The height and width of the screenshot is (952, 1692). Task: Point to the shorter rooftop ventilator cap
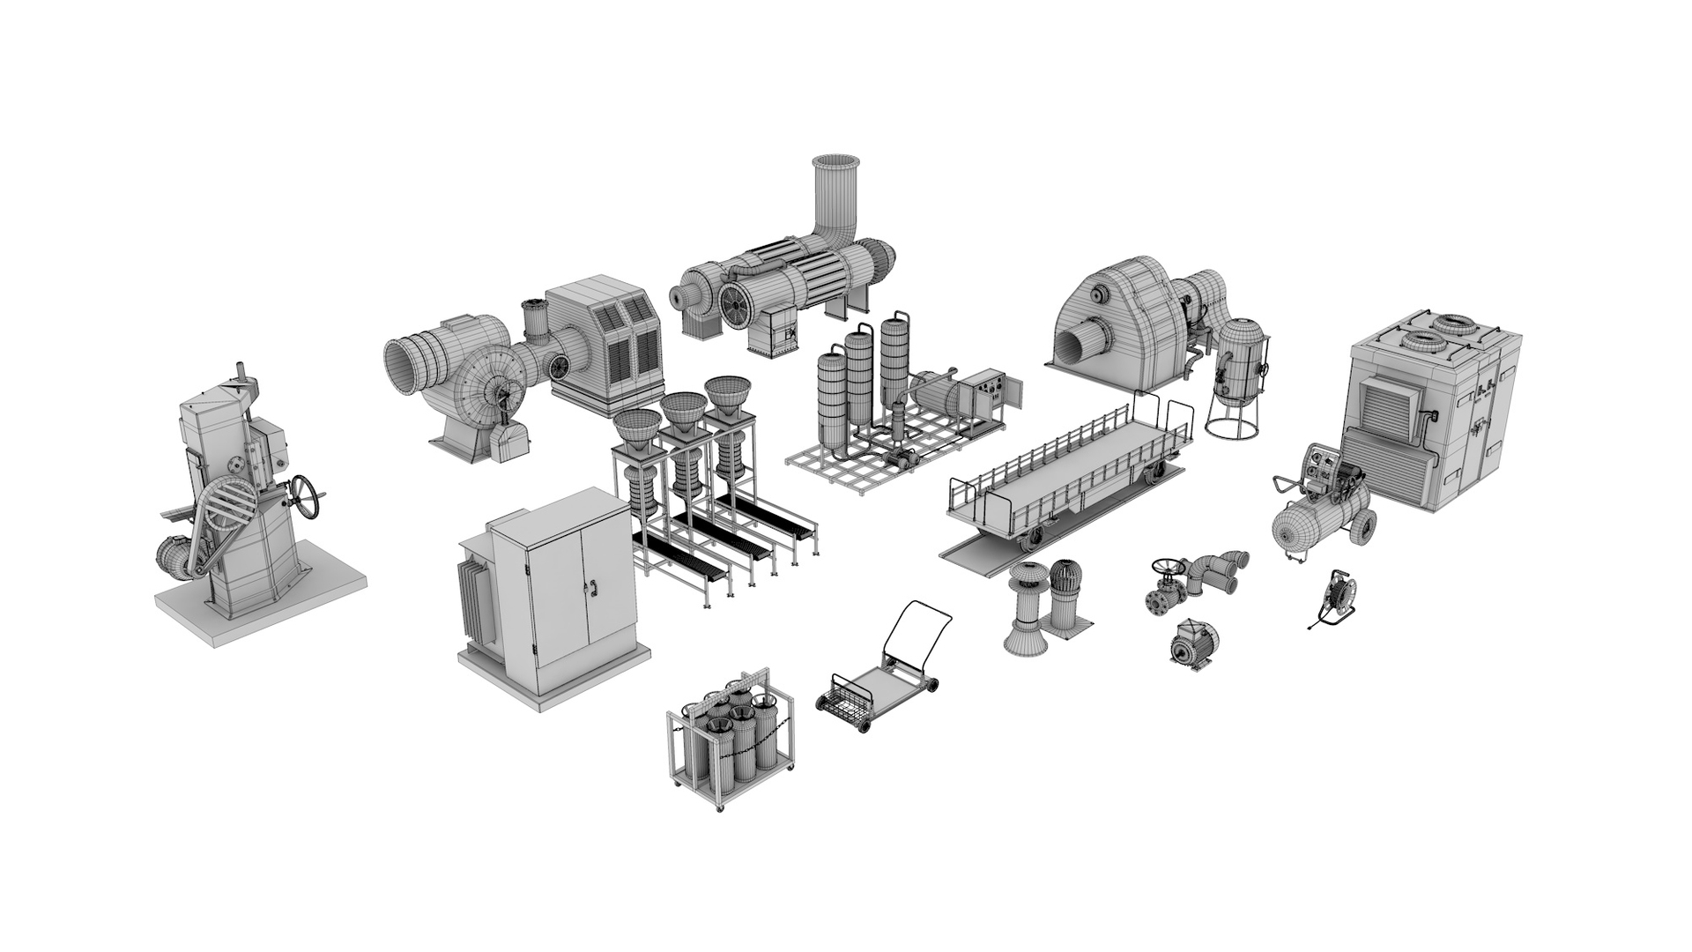pos(1072,602)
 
